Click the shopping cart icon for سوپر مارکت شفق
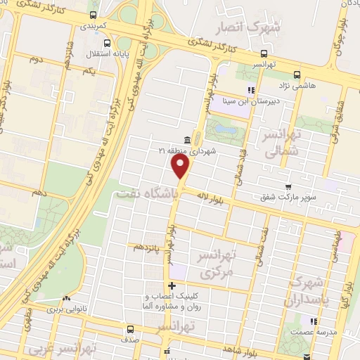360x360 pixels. (x=288, y=187)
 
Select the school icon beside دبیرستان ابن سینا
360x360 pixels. (x=250, y=89)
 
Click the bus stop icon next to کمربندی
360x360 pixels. (x=94, y=15)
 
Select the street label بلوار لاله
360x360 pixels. (x=230, y=200)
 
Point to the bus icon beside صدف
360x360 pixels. (x=129, y=329)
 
